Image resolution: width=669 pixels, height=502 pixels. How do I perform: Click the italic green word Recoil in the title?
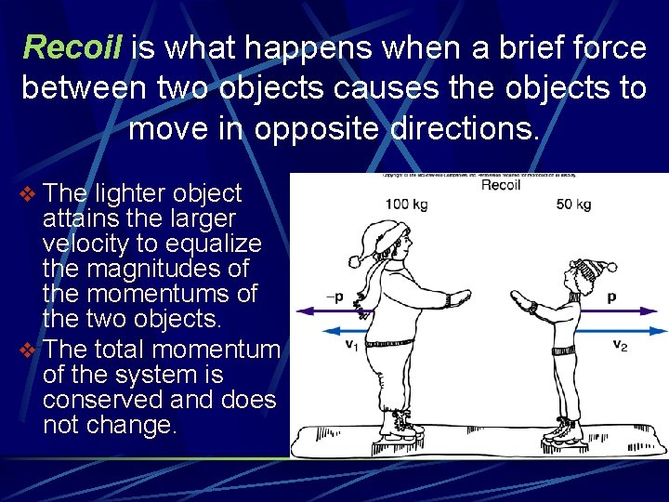(72, 46)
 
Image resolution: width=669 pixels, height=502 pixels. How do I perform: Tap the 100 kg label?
(406, 204)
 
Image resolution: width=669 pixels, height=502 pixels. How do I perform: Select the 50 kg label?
(573, 204)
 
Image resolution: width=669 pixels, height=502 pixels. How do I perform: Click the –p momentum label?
(334, 297)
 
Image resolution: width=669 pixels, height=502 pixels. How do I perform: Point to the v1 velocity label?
(351, 344)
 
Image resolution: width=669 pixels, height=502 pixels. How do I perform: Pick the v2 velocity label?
(620, 344)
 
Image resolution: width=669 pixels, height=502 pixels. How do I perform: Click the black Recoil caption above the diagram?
(500, 185)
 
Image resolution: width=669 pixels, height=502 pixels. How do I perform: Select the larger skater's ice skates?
(400, 429)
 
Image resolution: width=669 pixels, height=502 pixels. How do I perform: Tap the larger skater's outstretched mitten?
(457, 298)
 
